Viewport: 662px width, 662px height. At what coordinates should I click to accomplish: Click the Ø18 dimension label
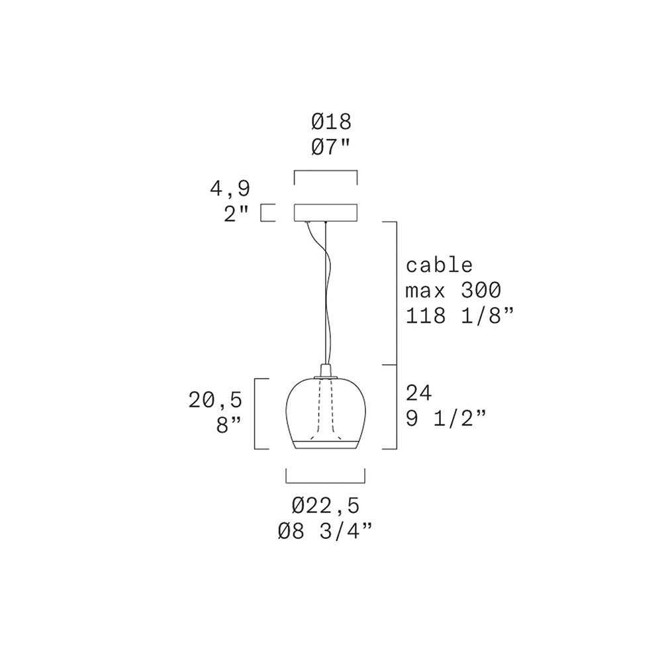click(332, 122)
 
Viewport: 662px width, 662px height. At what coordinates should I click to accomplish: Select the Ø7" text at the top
click(332, 148)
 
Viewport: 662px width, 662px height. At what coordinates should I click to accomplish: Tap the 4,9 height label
click(230, 189)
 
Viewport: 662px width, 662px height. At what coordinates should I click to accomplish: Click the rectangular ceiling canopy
click(326, 213)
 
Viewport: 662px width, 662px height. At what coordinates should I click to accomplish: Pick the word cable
click(439, 265)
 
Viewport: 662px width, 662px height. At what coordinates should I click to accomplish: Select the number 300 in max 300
click(481, 291)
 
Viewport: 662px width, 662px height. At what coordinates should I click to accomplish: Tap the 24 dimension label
click(419, 393)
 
